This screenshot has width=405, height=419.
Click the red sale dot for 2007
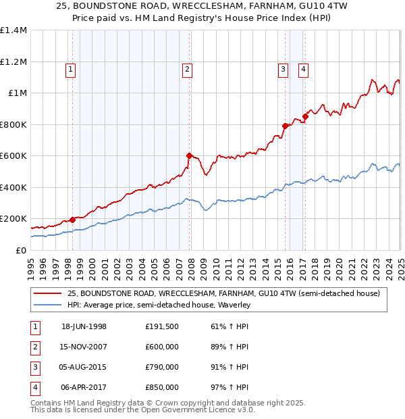(190, 155)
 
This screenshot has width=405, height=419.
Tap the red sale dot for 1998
(72, 220)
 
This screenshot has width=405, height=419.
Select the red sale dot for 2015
(285, 126)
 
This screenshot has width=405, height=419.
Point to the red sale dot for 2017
(305, 116)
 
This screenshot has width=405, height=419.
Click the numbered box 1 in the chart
(71, 68)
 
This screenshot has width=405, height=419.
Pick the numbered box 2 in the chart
(186, 68)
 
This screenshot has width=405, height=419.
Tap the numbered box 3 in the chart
(283, 68)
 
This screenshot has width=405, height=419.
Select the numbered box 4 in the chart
(304, 68)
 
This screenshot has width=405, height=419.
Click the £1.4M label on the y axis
(13, 30)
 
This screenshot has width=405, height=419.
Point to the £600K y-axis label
(13, 156)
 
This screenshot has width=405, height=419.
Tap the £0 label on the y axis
(20, 250)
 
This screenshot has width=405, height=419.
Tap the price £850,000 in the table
(162, 388)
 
